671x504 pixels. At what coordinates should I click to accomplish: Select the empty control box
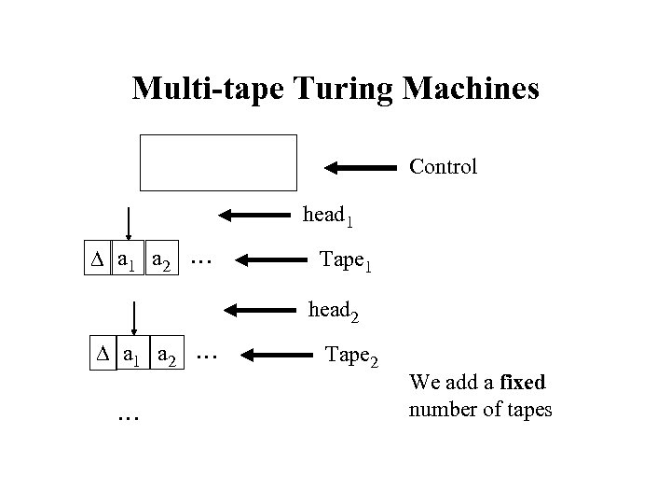[x=219, y=162]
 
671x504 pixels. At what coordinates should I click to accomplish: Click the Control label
[x=443, y=167]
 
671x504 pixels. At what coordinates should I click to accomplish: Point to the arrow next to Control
[x=360, y=168]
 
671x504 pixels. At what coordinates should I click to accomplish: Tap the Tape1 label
[x=346, y=259]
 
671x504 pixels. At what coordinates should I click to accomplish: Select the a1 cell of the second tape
[x=134, y=357]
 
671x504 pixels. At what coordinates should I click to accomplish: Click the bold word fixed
[x=524, y=384]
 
